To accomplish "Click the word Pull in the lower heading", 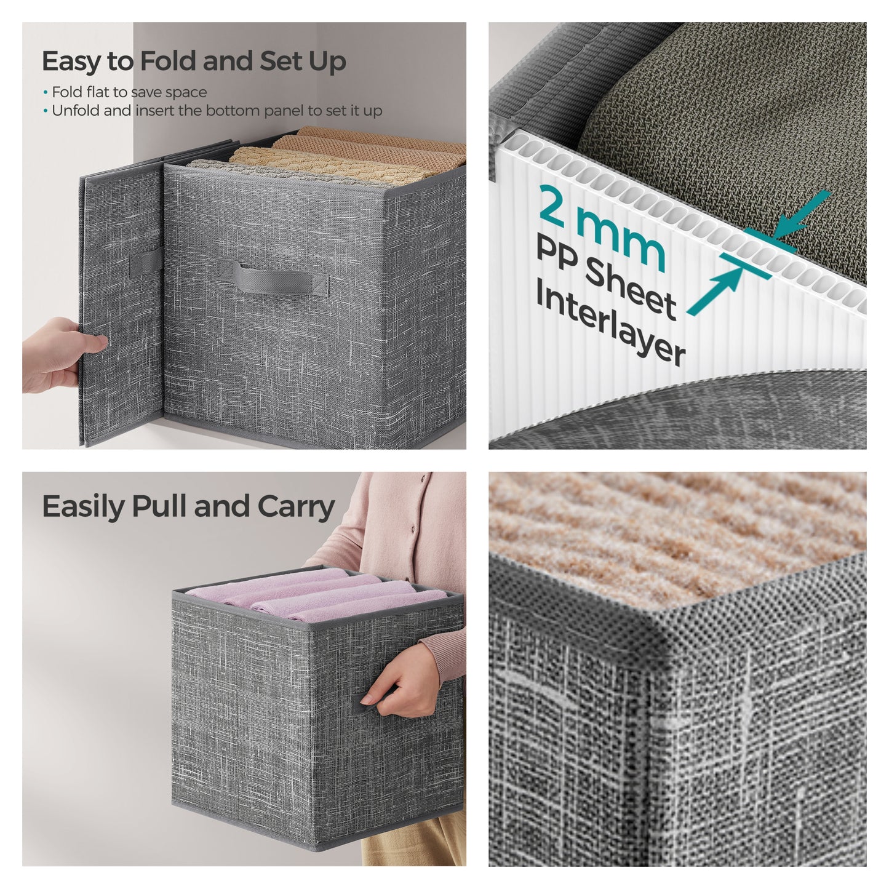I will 160,507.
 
